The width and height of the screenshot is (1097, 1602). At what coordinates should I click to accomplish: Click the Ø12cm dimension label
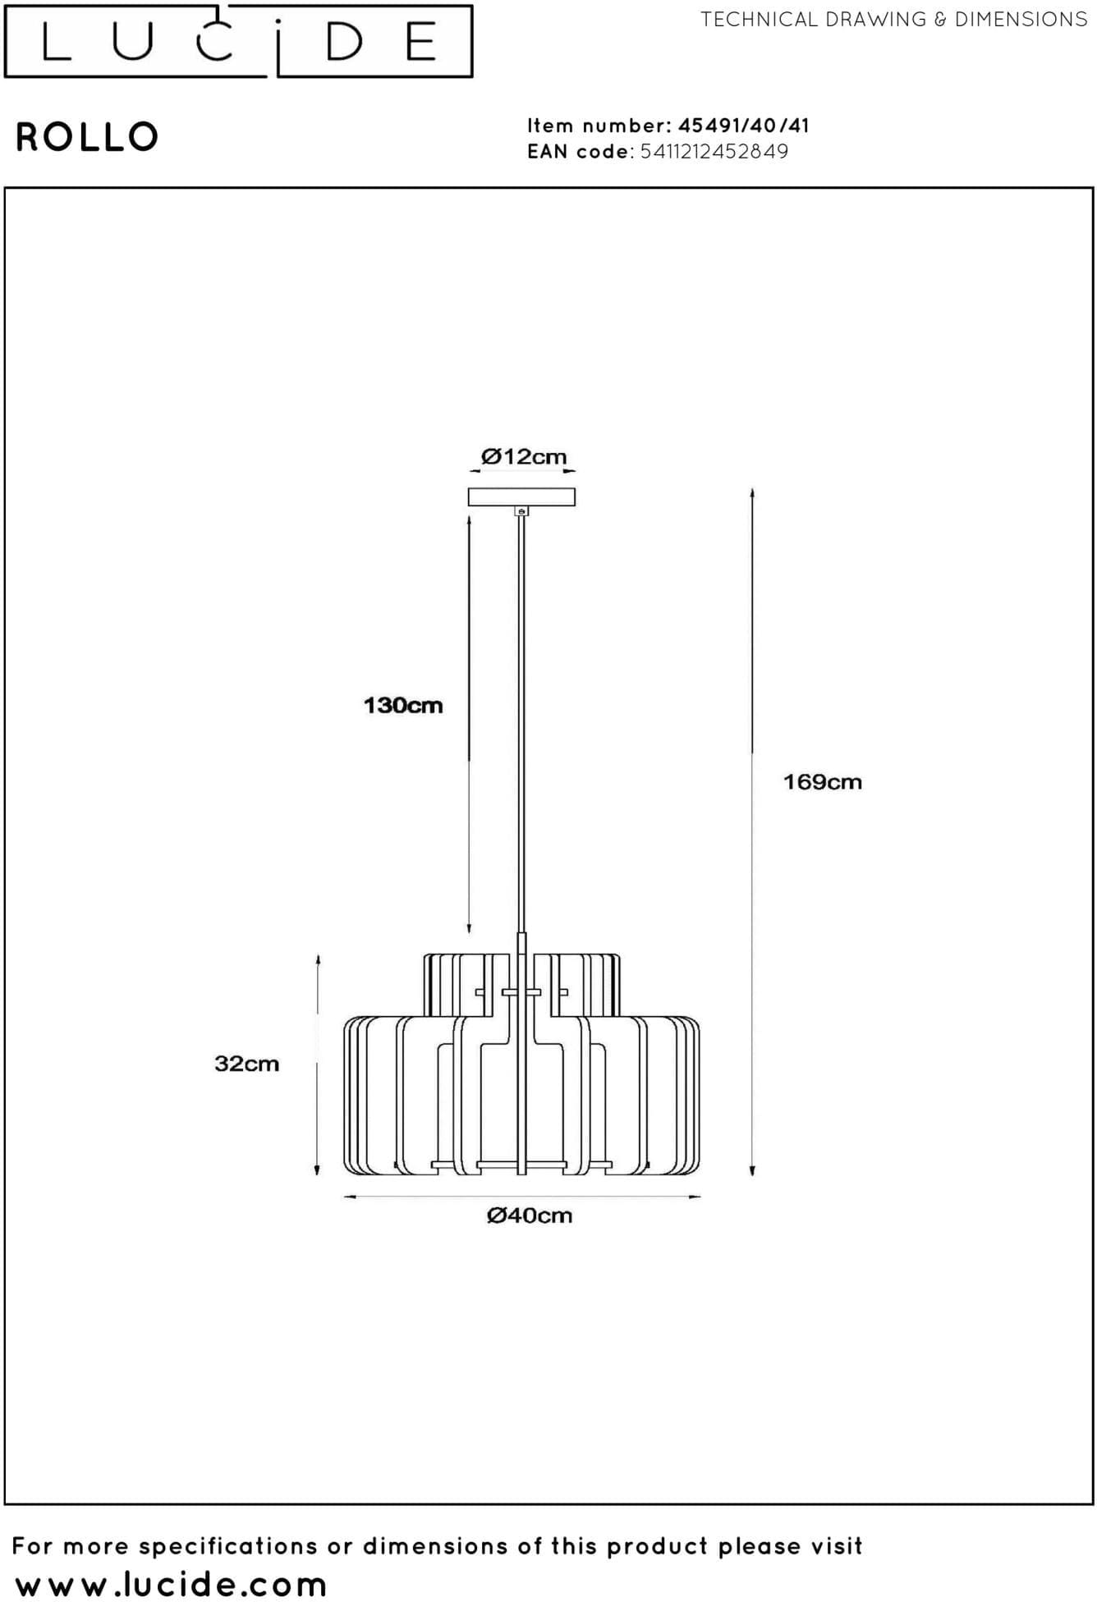[524, 456]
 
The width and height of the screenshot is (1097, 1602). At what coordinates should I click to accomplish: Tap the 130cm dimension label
[403, 705]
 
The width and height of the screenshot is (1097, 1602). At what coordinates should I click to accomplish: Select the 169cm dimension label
[823, 781]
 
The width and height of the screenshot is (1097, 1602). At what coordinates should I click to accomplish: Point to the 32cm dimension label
[247, 1064]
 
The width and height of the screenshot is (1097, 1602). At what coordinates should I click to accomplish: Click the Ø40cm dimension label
[530, 1215]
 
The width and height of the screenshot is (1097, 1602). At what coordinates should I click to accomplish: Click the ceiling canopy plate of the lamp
[521, 497]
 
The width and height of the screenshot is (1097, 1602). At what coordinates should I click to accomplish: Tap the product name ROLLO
[87, 137]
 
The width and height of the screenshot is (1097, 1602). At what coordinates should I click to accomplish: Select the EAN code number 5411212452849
[714, 151]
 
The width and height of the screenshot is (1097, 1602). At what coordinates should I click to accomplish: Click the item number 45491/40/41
[744, 126]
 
